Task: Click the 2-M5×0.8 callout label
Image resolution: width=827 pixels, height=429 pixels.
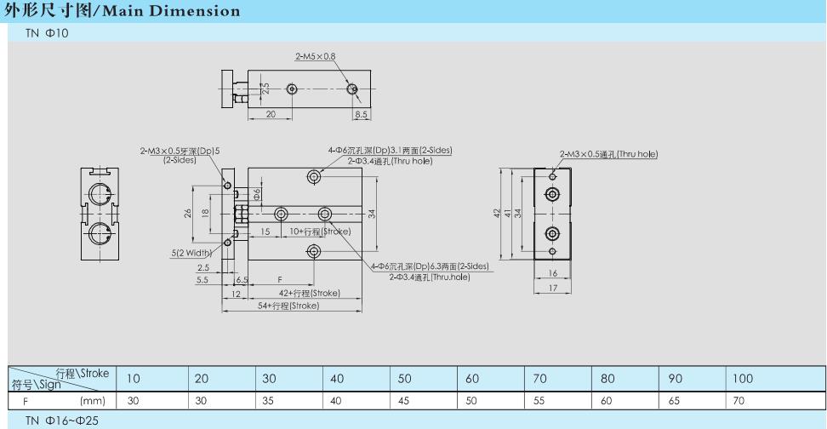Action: pyautogui.click(x=316, y=56)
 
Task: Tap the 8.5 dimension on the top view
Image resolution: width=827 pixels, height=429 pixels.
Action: pyautogui.click(x=361, y=113)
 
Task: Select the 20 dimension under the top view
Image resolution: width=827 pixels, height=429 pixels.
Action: pyautogui.click(x=270, y=113)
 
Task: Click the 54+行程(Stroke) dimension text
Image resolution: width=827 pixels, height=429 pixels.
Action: pyautogui.click(x=289, y=305)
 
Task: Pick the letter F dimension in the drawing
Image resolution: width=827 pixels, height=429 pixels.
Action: pyautogui.click(x=280, y=278)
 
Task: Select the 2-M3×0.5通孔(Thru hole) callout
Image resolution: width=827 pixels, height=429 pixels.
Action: pyautogui.click(x=609, y=153)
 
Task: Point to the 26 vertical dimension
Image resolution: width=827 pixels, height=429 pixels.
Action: pyautogui.click(x=187, y=213)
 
